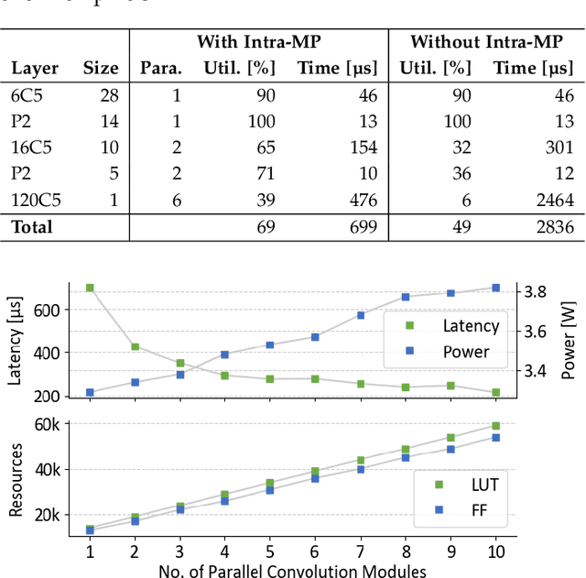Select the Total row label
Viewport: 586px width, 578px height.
(32, 227)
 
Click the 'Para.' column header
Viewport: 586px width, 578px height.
(161, 68)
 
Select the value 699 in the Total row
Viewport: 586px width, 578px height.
(363, 227)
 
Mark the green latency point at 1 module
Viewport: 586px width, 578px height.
(90, 288)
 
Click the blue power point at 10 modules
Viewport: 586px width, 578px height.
(496, 288)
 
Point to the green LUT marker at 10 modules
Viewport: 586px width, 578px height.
(496, 426)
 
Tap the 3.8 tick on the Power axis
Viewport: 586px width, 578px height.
(536, 291)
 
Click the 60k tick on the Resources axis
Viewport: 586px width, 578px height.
(47, 423)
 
